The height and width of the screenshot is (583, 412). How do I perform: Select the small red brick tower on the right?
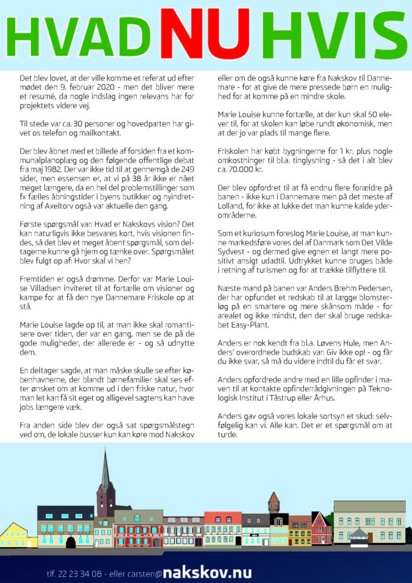pyautogui.click(x=274, y=503)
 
